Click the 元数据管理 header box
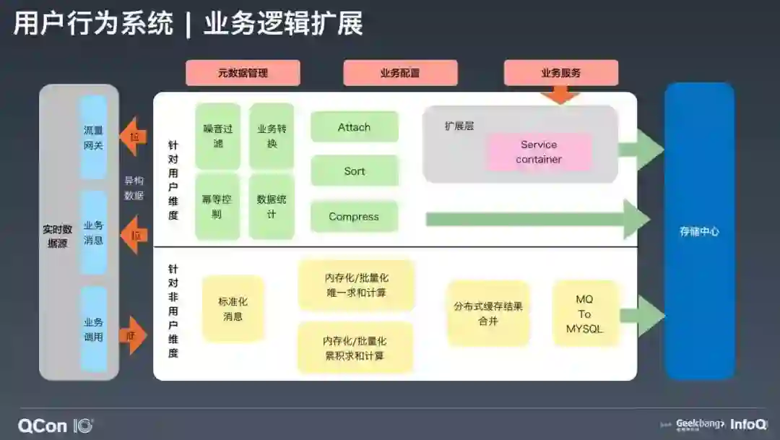(x=243, y=73)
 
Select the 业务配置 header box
(x=400, y=73)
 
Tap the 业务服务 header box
(x=561, y=73)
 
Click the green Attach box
(x=355, y=127)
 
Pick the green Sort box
(x=355, y=171)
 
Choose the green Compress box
(x=355, y=217)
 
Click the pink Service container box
(x=539, y=152)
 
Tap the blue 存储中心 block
(x=699, y=231)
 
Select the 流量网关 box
(x=94, y=137)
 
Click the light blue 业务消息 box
(x=94, y=233)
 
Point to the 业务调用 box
(x=94, y=329)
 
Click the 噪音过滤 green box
(x=217, y=136)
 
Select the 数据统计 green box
(x=272, y=207)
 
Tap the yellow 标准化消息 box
(x=233, y=309)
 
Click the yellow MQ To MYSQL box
(x=585, y=314)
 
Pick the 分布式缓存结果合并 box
(x=488, y=314)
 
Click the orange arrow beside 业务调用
(x=132, y=335)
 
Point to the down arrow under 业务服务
(x=560, y=94)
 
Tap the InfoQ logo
(x=748, y=425)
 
